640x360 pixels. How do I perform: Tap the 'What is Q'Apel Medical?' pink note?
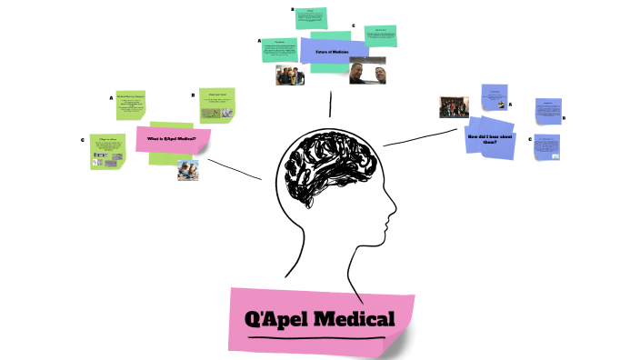click(x=173, y=139)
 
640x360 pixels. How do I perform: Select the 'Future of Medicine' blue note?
click(x=334, y=53)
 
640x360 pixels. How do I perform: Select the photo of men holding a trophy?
click(x=290, y=75)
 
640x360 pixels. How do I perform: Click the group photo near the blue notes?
click(x=454, y=106)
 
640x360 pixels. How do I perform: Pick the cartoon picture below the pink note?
click(x=188, y=170)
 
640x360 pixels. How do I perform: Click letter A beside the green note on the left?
click(x=111, y=97)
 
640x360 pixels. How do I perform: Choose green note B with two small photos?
click(x=217, y=105)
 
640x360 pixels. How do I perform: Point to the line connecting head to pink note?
click(x=235, y=168)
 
